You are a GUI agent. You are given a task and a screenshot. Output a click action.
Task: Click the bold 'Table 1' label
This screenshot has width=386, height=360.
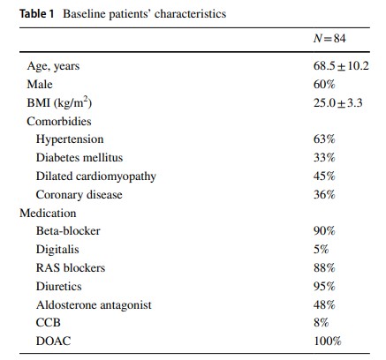37,14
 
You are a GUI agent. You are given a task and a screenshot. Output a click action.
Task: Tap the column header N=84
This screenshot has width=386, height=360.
329,39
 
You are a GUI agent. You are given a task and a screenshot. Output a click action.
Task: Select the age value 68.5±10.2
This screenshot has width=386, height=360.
341,66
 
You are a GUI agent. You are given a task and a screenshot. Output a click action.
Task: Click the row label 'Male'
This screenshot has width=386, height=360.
40,85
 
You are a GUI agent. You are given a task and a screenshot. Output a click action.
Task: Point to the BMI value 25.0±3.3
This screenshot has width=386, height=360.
337,103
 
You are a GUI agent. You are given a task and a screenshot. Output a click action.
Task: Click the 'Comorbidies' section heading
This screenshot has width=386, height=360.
59,122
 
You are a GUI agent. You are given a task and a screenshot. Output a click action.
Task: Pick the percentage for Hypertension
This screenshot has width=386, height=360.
324,139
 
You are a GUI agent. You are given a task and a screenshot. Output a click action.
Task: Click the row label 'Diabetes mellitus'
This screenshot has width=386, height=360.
79,158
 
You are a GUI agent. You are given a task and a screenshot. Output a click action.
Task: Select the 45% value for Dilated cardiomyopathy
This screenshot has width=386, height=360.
324,176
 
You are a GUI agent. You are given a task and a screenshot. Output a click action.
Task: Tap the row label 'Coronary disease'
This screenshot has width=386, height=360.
79,195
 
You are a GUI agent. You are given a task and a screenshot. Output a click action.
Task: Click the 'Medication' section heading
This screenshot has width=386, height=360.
48,213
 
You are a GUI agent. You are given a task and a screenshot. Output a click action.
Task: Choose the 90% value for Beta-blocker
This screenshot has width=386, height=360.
324,231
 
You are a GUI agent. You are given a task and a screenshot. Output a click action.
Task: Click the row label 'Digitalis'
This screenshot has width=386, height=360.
57,250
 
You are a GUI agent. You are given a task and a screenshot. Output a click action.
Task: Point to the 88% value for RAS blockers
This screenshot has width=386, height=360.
324,268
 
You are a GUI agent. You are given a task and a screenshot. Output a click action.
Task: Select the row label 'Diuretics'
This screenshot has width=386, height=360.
58,287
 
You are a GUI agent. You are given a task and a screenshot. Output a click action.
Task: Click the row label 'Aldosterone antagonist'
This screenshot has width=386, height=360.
94,305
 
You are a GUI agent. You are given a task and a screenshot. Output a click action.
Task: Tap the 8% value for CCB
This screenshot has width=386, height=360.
321,323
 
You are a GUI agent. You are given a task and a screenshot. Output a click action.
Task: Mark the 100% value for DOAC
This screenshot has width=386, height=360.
327,341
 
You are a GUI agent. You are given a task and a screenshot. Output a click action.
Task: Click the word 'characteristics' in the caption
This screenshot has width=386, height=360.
190,14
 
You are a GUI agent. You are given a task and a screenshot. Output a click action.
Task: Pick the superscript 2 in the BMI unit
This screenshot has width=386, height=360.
86,99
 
